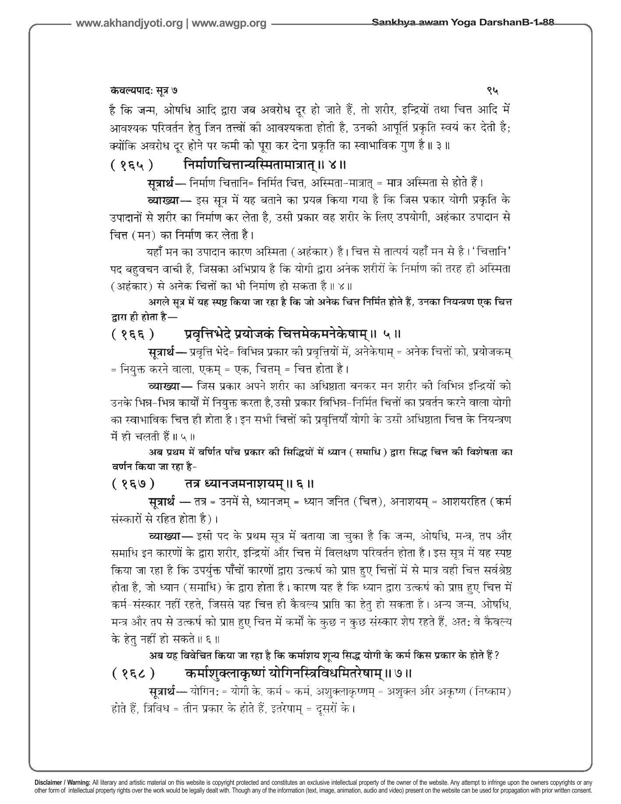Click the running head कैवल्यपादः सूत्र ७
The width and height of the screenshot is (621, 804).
coord(144,91)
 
